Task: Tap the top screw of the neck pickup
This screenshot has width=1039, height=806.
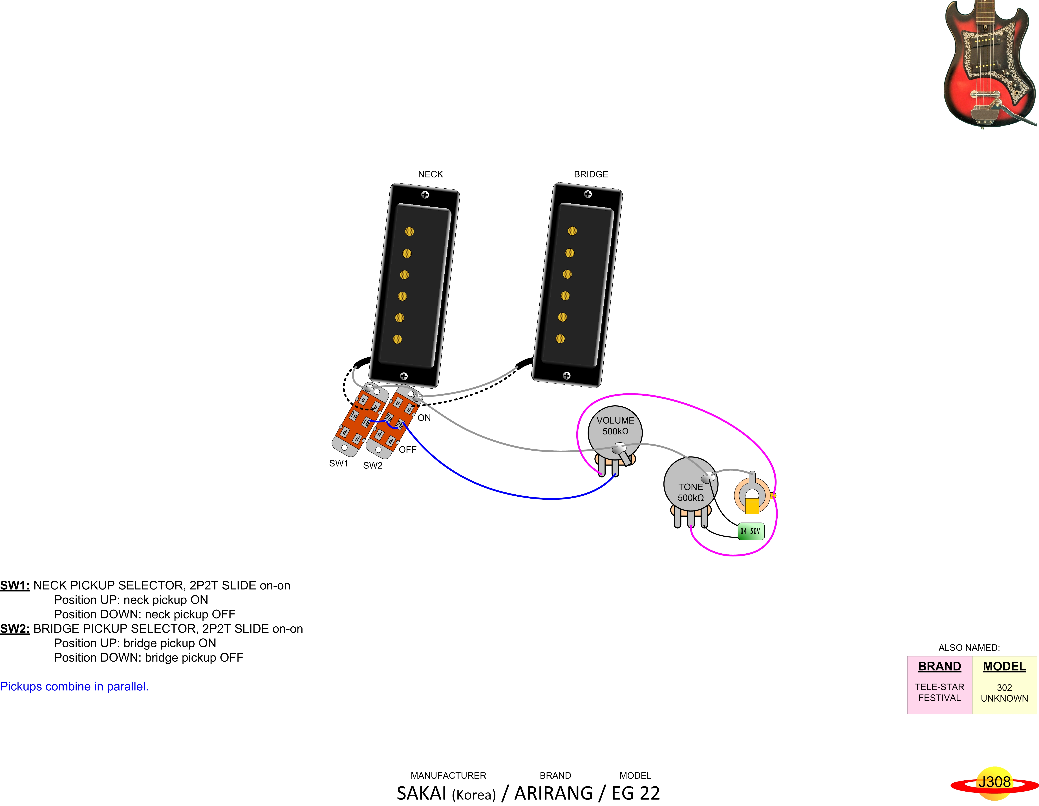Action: pos(425,195)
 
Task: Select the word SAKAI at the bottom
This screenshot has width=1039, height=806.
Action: pos(422,793)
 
